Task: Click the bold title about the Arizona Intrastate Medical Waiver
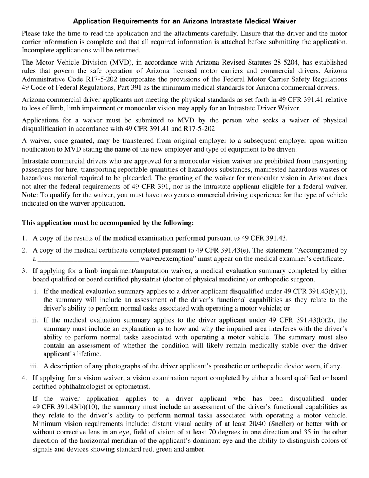click(x=184, y=21)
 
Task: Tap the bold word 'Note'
click(x=29, y=195)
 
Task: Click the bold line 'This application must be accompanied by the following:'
click(x=108, y=223)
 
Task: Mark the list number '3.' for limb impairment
click(x=24, y=271)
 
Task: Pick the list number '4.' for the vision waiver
click(x=24, y=378)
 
